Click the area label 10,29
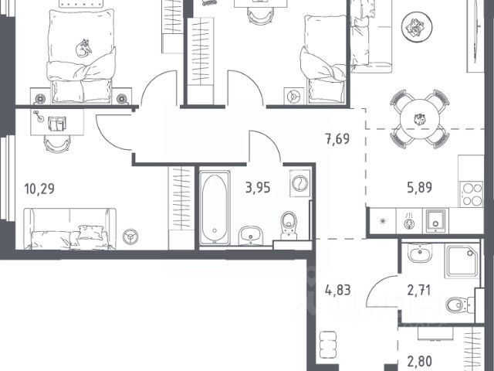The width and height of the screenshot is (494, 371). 39,189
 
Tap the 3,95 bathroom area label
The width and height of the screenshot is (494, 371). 258,188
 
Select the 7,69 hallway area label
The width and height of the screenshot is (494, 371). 337,139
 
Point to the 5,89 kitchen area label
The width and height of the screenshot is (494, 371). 419,187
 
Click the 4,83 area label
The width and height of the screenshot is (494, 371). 338,290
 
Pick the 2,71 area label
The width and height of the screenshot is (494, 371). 419,291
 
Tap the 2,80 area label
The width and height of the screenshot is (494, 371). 419,361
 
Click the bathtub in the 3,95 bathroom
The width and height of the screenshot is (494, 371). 215,208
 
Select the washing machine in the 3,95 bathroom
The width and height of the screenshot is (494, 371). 299,183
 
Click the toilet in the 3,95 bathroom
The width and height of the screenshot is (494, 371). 289,226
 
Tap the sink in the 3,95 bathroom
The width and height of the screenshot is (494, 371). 251,235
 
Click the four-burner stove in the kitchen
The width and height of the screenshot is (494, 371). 472,194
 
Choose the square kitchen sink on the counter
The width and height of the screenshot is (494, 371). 435,220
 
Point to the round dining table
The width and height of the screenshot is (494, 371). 420,119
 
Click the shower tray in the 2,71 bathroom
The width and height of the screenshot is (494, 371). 462,260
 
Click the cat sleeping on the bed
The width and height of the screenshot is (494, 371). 84,48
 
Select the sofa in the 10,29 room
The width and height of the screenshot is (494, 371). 70,229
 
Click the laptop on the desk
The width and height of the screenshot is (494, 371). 57,124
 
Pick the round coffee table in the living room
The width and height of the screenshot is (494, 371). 417,27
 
